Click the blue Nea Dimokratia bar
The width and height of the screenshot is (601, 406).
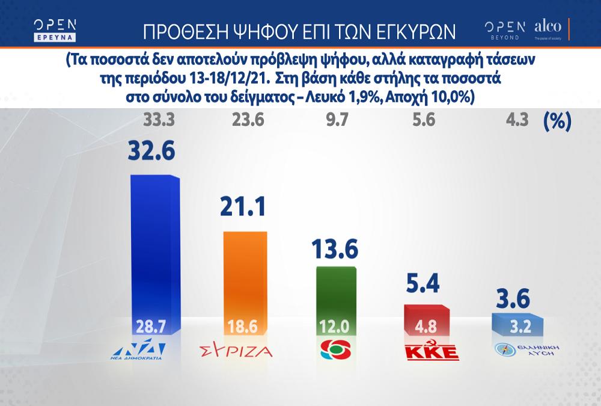click(155, 253)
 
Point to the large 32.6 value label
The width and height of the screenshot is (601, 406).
click(151, 151)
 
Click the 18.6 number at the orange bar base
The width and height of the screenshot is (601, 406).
click(243, 328)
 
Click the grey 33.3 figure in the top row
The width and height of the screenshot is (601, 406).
click(159, 120)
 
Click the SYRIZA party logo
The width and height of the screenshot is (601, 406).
click(236, 351)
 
